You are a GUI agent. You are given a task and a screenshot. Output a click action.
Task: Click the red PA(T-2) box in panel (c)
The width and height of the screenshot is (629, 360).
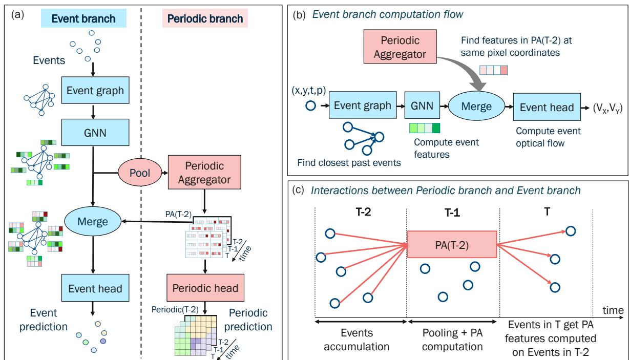pyautogui.click(x=451, y=245)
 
